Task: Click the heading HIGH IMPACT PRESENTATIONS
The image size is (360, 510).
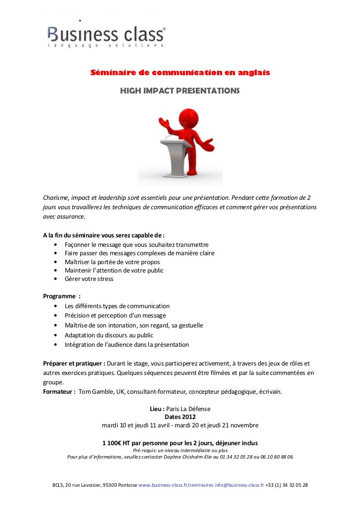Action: click(x=180, y=92)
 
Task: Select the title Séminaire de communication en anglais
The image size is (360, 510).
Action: click(x=180, y=73)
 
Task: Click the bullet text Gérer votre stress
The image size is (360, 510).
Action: click(x=89, y=279)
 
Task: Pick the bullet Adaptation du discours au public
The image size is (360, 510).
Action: click(x=109, y=335)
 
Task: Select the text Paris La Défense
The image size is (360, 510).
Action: click(x=188, y=409)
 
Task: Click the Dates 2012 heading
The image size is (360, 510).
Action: click(x=180, y=417)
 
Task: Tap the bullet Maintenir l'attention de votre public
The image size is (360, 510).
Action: click(x=114, y=271)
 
